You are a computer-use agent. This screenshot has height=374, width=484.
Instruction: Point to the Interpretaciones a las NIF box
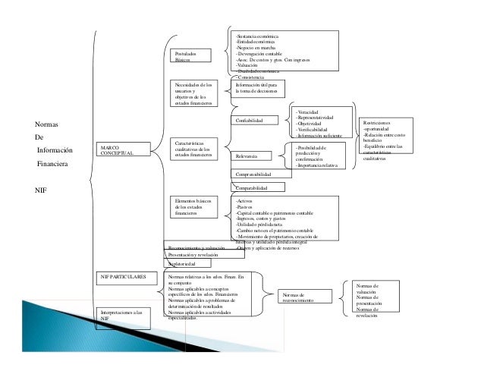point(123,316)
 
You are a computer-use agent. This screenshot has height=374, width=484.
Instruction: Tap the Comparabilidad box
point(258,187)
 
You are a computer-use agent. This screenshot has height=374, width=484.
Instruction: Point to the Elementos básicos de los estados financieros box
point(194,208)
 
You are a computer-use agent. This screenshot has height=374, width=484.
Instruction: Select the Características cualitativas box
point(194,149)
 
